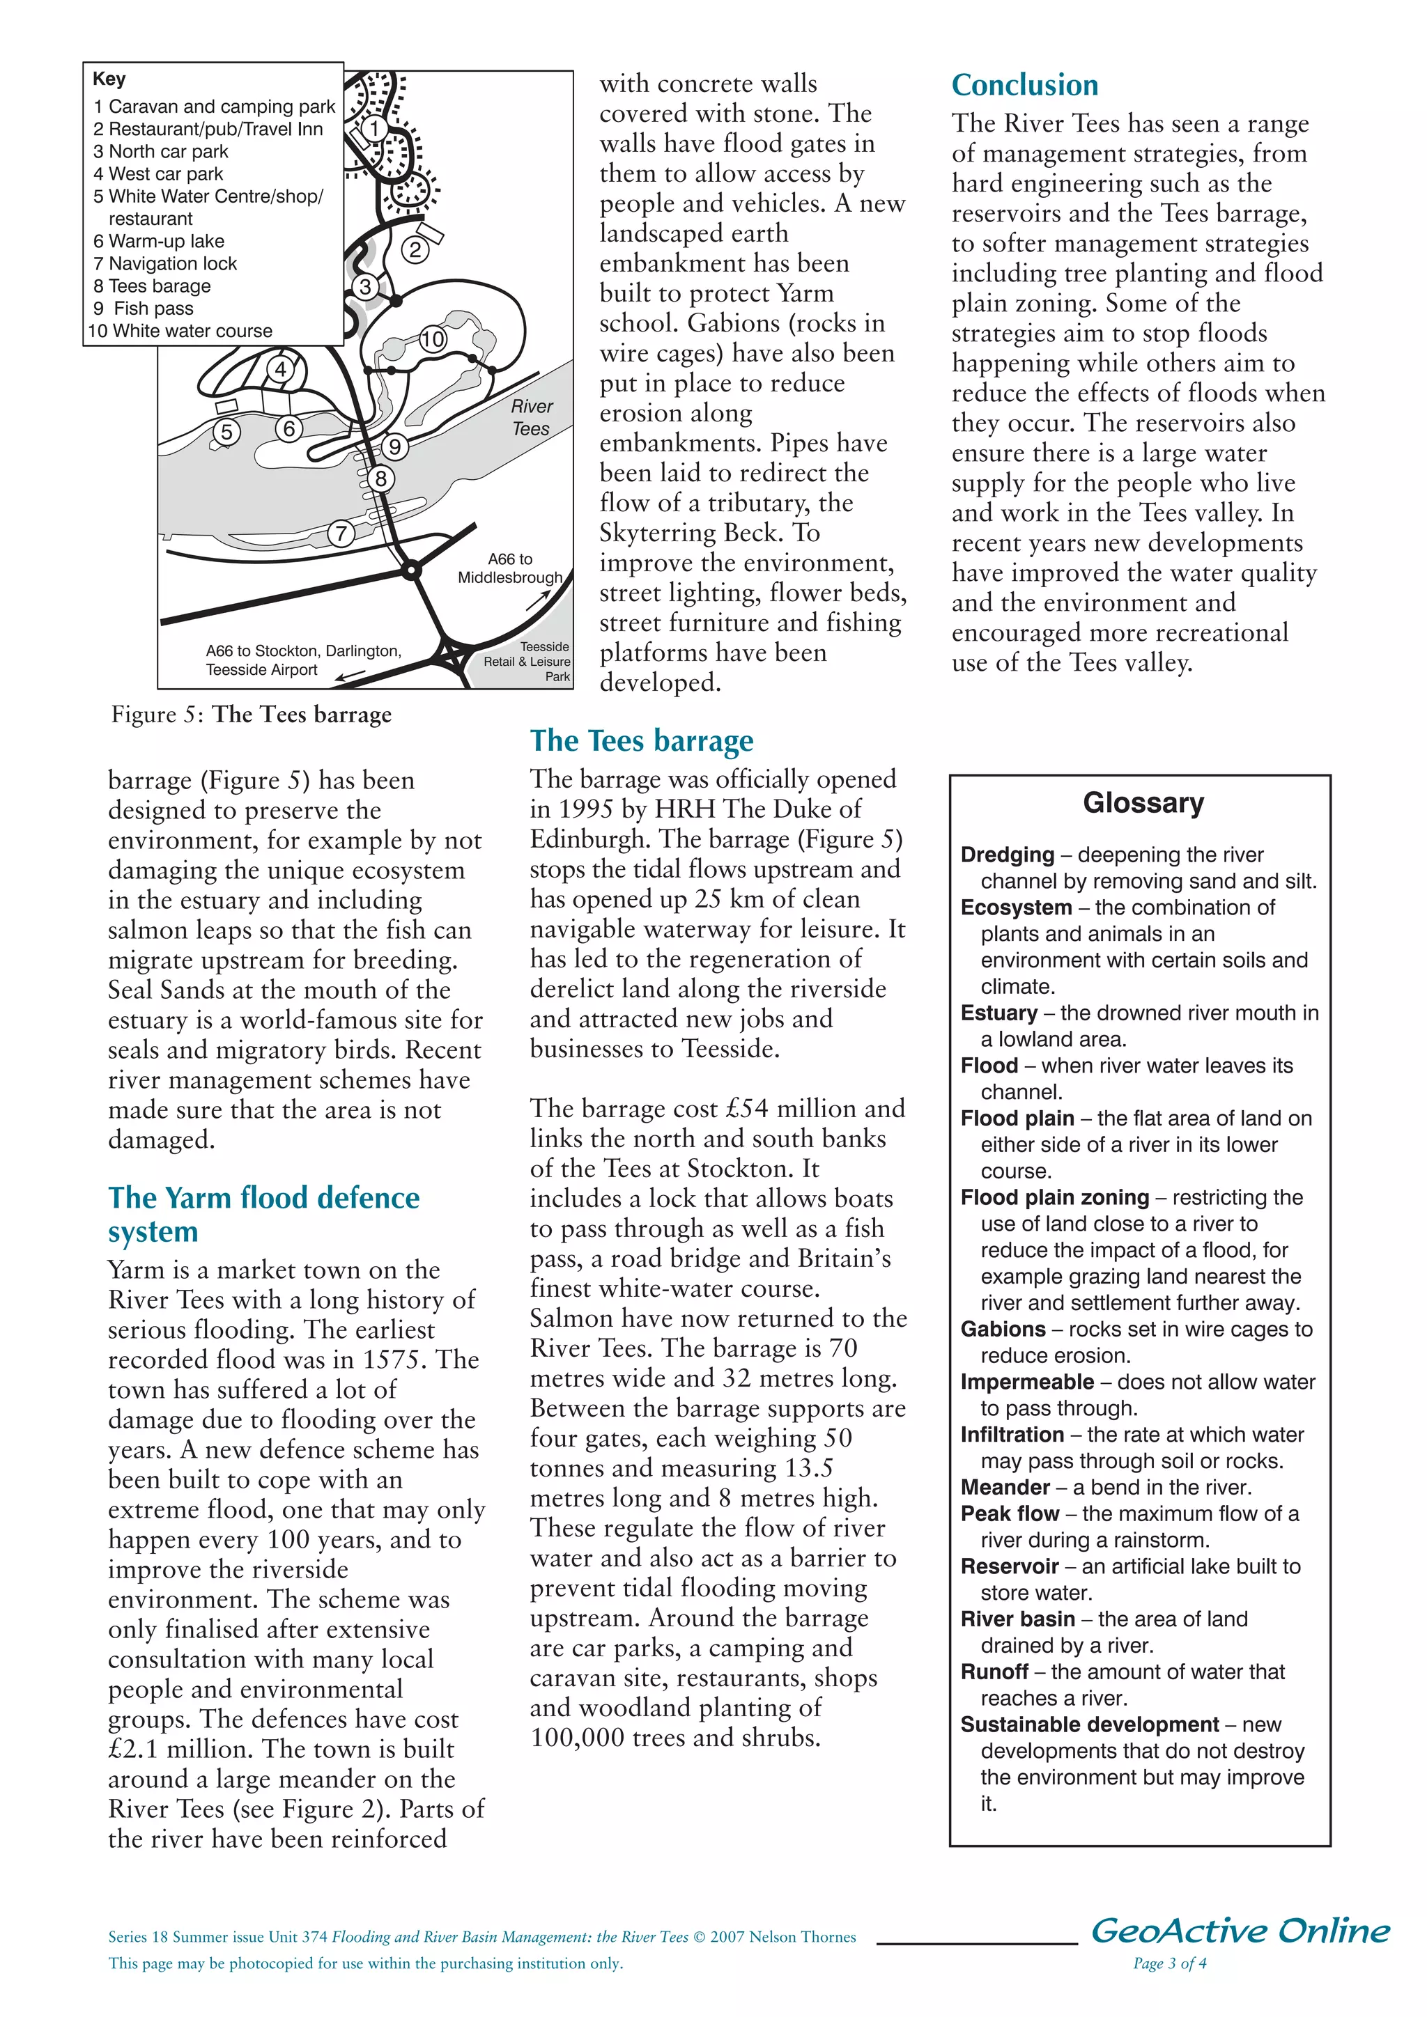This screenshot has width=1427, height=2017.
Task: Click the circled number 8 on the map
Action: (380, 478)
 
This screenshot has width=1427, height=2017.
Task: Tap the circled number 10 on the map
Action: (432, 339)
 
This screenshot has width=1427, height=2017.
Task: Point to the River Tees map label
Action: (531, 417)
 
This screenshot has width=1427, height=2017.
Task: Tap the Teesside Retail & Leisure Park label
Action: (529, 661)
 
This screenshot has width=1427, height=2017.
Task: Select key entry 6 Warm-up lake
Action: (159, 241)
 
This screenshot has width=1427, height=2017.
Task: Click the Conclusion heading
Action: (1024, 85)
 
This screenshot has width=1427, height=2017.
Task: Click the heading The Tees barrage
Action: (642, 740)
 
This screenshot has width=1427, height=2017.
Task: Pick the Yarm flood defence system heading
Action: (263, 1213)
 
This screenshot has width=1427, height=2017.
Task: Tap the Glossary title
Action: (1143, 803)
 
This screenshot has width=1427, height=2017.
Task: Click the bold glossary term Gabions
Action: (1003, 1329)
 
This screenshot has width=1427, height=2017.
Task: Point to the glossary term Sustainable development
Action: (1088, 1724)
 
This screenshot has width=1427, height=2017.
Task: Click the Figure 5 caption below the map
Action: (252, 714)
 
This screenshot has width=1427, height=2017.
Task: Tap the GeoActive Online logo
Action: (1240, 1930)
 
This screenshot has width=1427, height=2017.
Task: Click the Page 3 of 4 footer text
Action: (1170, 1963)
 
